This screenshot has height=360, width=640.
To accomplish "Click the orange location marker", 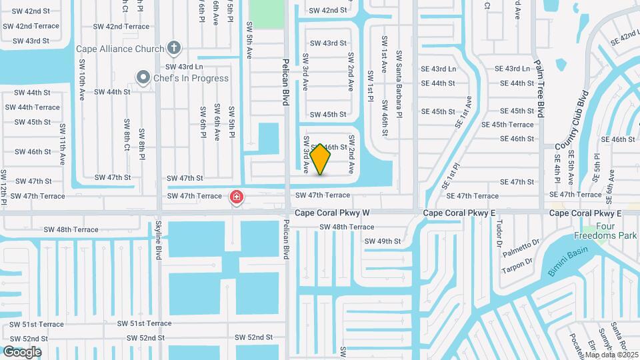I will pos(321,159).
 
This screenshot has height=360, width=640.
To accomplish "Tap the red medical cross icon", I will pos(236,197).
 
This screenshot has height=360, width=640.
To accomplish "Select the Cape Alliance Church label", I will pos(119,49).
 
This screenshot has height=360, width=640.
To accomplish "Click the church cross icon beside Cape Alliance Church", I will pos(174,48).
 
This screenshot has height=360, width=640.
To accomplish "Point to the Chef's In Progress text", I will pos(191,78).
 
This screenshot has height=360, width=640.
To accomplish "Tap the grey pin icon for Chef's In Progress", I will pos(142,78).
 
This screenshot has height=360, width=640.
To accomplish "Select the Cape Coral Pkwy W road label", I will pos(333,213).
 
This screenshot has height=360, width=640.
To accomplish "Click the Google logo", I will pos(22,351).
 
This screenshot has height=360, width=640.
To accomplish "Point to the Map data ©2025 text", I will pos(612,355).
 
